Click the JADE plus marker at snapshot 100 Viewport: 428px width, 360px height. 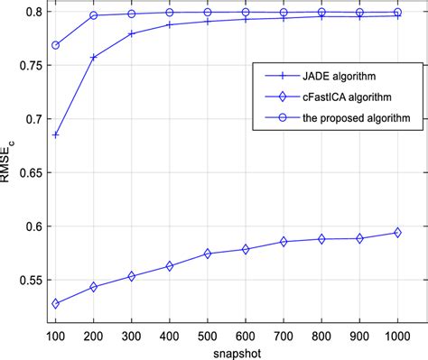pyautogui.click(x=56, y=134)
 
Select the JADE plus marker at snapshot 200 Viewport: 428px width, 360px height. pyautogui.click(x=94, y=58)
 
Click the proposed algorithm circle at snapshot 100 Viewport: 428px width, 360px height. pyautogui.click(x=56, y=45)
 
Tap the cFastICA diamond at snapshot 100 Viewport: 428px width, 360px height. pyautogui.click(x=56, y=303)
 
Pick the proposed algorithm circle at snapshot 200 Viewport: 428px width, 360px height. pyautogui.click(x=94, y=16)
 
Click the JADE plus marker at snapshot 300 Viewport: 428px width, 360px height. pyautogui.click(x=132, y=33)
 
